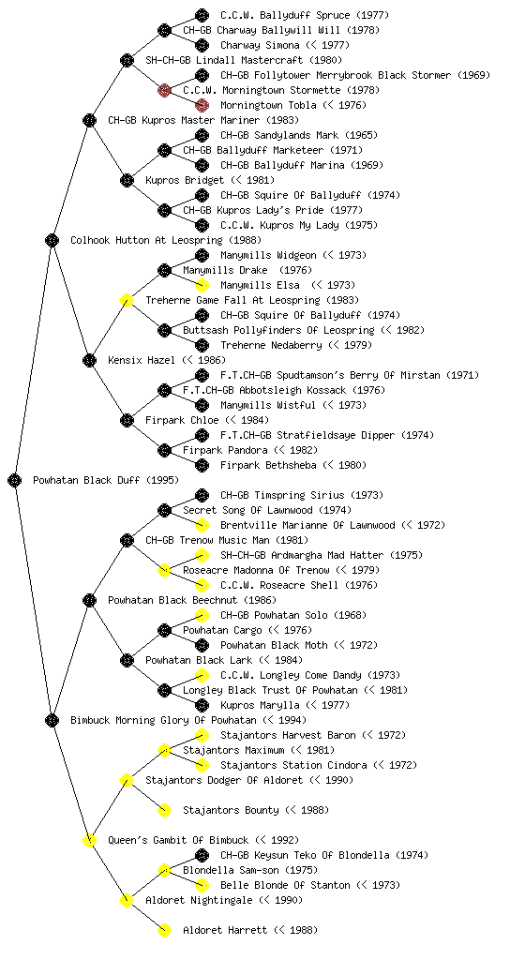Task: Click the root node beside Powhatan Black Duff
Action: (x=15, y=480)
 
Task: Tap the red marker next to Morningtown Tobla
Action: (x=202, y=105)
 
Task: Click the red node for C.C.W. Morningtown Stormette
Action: (x=164, y=90)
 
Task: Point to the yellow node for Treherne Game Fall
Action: (x=127, y=300)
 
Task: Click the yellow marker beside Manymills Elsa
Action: (x=202, y=285)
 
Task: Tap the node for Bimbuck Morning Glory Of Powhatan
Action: (x=52, y=720)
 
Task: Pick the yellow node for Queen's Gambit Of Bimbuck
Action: (x=89, y=840)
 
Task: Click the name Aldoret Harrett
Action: (x=225, y=930)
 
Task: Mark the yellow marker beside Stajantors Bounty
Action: (x=164, y=810)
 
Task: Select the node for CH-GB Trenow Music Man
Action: (x=127, y=540)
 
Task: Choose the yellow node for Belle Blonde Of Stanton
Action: (x=202, y=885)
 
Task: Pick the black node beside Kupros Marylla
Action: (x=202, y=705)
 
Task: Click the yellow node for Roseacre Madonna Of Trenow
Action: (x=164, y=570)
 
